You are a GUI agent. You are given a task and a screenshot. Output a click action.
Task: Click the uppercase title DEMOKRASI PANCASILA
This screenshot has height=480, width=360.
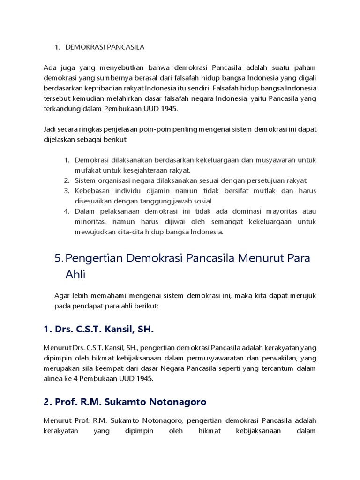click(x=105, y=47)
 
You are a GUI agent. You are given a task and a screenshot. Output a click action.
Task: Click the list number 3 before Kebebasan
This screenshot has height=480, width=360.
click(x=67, y=191)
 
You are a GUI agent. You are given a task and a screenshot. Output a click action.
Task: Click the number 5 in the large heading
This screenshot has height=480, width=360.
click(x=58, y=258)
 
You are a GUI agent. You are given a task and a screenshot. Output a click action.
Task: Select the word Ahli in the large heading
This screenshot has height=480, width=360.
click(x=75, y=274)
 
